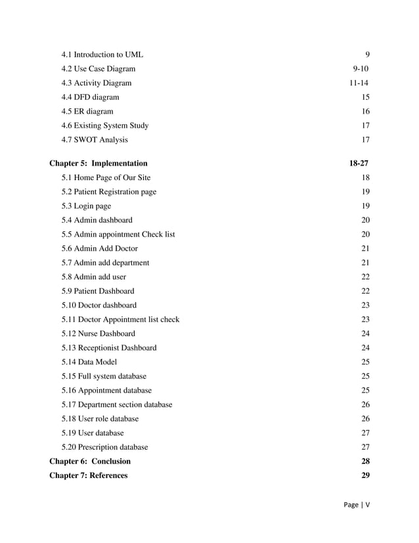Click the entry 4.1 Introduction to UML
102,55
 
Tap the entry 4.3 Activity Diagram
96,83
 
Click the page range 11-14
359,83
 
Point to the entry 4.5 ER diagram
87,112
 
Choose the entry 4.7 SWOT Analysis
95,140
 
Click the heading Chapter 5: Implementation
99,164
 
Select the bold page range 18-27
359,164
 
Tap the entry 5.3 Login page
86,206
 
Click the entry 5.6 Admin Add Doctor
99,248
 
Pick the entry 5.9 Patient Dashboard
98,291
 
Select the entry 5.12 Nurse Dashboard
98,334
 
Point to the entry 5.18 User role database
100,419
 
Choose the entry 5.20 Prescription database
104,448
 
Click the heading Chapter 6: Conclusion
90,461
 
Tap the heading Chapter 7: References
89,476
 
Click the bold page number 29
365,476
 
